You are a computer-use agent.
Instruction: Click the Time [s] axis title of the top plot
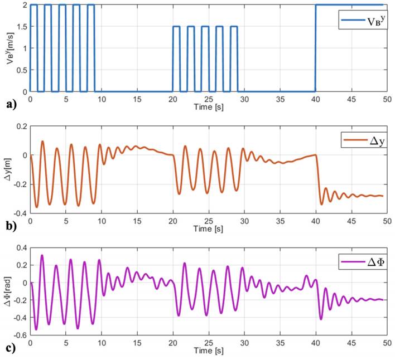pos(209,107)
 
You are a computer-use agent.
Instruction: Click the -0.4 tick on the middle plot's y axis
pos(19,213)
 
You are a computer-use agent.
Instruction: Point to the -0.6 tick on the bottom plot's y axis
pos(19,335)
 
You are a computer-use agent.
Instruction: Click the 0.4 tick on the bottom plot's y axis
pos(21,247)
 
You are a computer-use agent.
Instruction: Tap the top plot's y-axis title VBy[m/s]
pos(9,47)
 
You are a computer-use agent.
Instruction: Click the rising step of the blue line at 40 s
pos(316,47)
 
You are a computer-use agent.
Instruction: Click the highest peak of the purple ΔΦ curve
pos(42,256)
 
